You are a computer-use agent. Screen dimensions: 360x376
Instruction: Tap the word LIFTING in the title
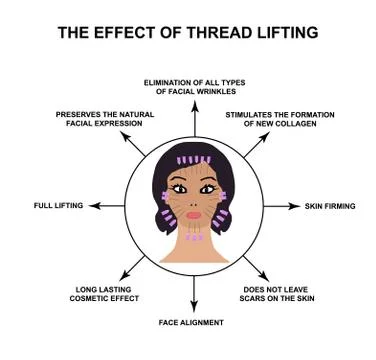click(x=284, y=31)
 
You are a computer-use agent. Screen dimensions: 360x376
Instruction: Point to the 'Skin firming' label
click(x=330, y=206)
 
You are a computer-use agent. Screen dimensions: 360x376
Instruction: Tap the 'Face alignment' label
click(x=191, y=322)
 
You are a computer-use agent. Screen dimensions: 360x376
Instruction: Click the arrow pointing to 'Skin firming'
click(x=279, y=206)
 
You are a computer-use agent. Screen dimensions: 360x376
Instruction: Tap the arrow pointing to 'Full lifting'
click(x=105, y=206)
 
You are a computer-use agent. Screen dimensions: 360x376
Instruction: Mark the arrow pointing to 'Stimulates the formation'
click(x=253, y=145)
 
